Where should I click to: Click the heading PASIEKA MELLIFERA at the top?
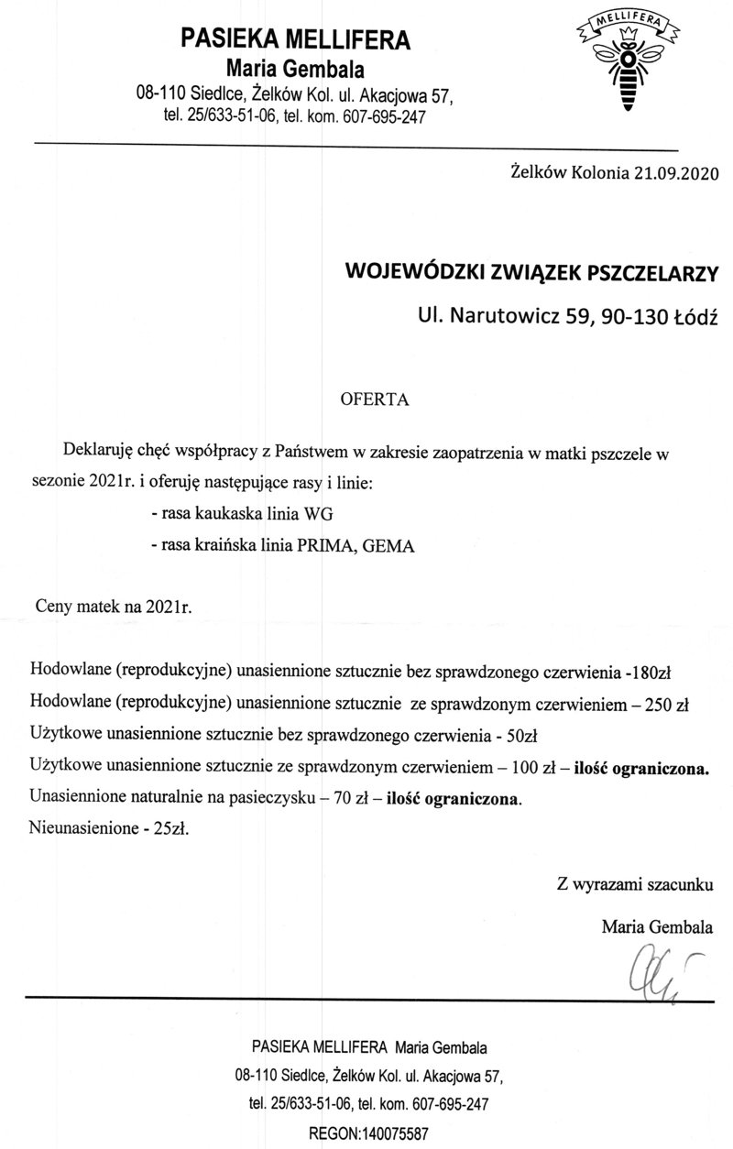click(x=296, y=39)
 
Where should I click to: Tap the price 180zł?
click(x=651, y=673)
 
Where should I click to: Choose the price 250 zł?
click(x=667, y=705)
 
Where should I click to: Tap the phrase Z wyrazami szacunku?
click(x=634, y=886)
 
